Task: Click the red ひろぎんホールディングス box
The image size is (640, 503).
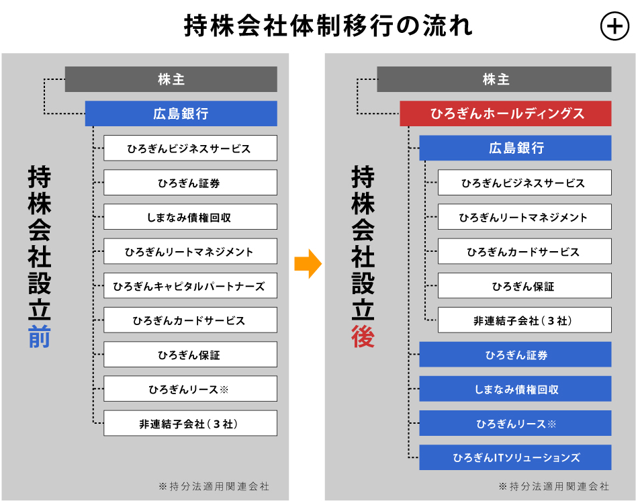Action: tap(505, 113)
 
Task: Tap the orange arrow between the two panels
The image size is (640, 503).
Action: tap(308, 264)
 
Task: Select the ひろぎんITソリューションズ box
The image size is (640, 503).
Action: tap(515, 457)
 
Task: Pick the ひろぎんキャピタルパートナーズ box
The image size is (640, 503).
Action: tap(190, 286)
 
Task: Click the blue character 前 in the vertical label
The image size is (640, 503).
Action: tap(40, 336)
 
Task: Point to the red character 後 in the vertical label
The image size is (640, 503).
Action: tap(363, 336)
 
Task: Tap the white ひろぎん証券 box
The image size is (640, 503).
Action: tap(190, 183)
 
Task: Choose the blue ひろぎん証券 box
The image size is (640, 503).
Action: tap(515, 355)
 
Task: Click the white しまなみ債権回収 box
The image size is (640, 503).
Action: tap(190, 217)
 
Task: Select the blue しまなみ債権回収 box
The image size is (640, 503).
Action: tap(515, 389)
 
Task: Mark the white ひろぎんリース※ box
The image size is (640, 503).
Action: tap(190, 389)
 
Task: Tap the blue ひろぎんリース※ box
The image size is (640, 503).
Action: tap(515, 423)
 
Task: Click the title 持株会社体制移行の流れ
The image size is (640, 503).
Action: tap(328, 26)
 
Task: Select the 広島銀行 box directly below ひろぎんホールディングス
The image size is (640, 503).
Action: tap(515, 148)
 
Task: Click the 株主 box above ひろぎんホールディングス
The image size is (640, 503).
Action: tap(494, 79)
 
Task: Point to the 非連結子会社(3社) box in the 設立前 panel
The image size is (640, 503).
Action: tap(190, 423)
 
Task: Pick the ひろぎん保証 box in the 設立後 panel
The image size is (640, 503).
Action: tap(524, 286)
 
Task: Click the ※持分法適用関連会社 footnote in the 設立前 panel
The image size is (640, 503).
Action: tap(214, 486)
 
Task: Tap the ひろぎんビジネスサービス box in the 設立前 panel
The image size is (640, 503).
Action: tap(190, 148)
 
